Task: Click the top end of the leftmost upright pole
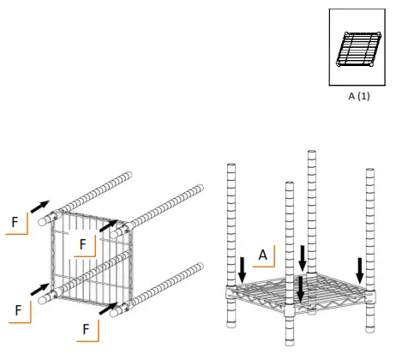(x=231, y=166)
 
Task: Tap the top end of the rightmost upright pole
(x=370, y=171)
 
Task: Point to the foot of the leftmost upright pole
(x=231, y=324)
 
